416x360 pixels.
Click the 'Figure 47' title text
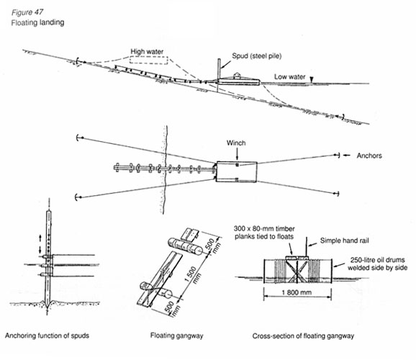27,12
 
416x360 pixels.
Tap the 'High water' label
147,52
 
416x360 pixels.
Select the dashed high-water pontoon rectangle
148,60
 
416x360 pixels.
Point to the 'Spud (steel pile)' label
256,56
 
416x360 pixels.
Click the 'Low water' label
290,77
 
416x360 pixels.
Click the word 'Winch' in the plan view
236,143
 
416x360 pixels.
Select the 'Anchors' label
369,156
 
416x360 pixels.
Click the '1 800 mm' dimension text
297,292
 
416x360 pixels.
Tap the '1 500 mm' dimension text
193,275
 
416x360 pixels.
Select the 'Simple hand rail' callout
344,240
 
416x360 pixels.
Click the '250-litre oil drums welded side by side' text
378,264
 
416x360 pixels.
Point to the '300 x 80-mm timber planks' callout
264,233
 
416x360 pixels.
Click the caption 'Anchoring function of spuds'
47,336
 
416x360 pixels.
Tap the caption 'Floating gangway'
176,336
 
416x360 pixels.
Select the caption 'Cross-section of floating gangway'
303,336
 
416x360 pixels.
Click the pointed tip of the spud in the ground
48,308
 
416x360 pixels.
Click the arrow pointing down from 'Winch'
237,153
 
